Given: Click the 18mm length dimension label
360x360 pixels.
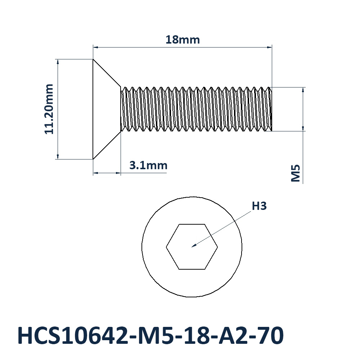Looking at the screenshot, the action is tap(183, 40).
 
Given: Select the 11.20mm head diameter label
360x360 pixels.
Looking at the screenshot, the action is tap(49, 109).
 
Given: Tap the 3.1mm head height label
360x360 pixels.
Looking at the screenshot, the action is tap(148, 165).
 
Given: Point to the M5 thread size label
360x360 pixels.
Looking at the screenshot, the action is tap(296, 173).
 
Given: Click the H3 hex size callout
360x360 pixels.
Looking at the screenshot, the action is tap(259, 206).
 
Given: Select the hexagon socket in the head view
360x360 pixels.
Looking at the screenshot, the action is tap(192, 247).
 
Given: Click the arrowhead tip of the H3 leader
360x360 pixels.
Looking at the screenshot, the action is tap(192, 247).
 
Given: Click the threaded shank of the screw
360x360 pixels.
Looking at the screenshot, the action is tap(196, 109).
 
